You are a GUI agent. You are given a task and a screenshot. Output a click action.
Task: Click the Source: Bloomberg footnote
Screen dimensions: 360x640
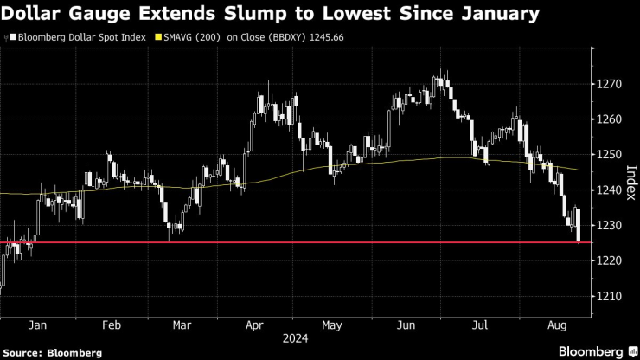[52, 352]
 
